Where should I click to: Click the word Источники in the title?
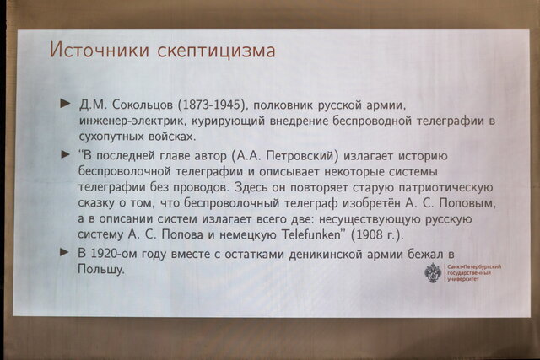click(x=98, y=51)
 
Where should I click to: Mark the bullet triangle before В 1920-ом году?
click(x=65, y=252)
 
